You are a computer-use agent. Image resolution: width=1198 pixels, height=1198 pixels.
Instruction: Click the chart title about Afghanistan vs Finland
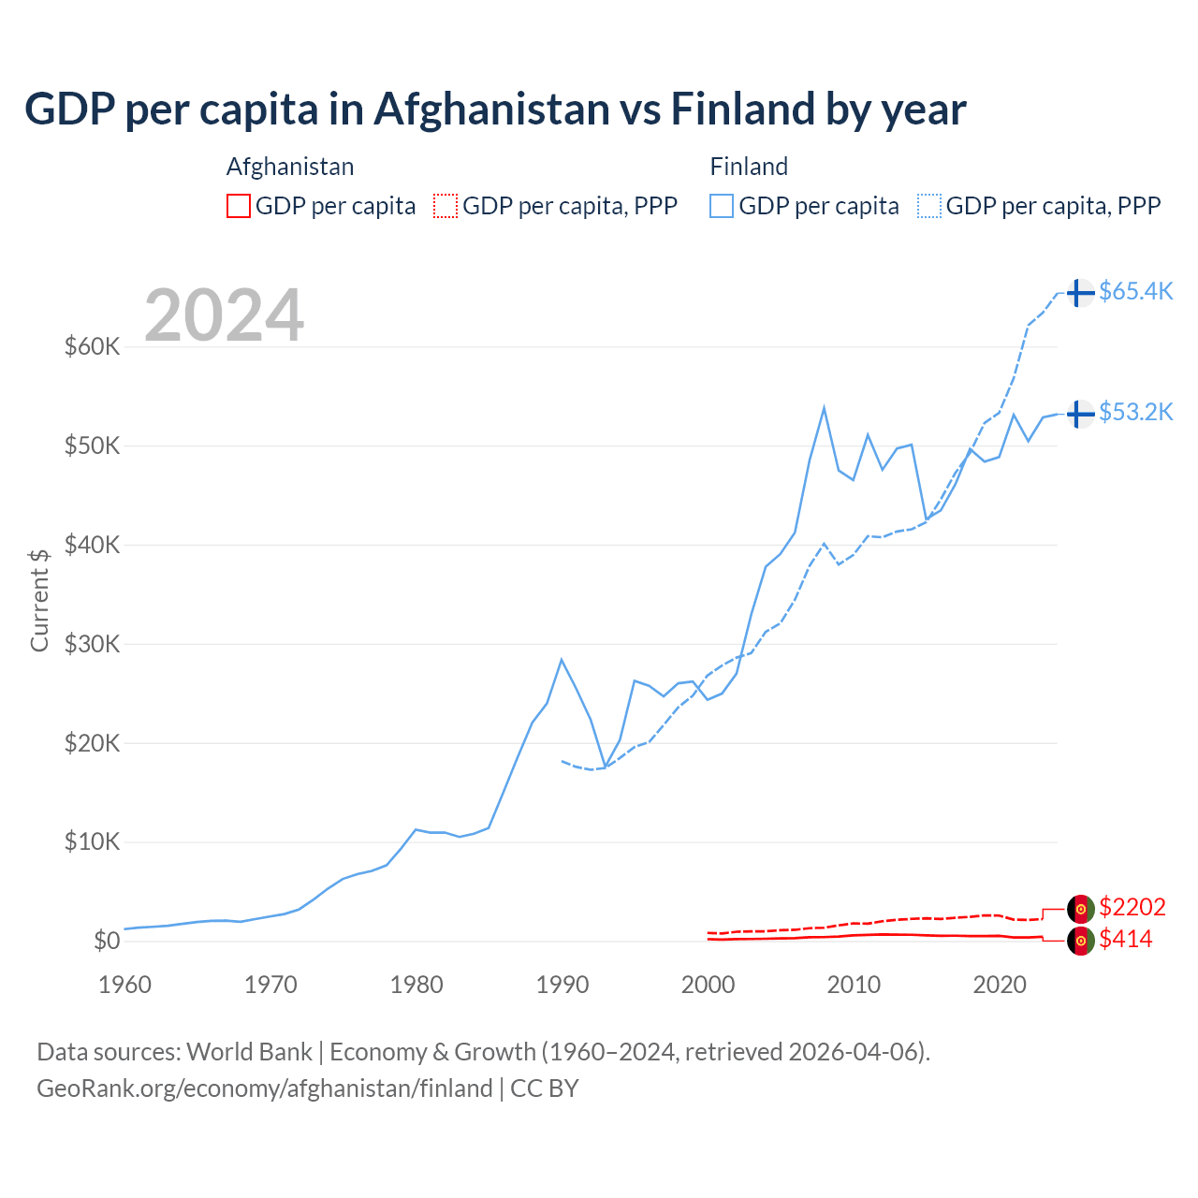pyautogui.click(x=495, y=110)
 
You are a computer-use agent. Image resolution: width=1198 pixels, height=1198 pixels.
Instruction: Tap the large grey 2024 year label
pyautogui.click(x=224, y=315)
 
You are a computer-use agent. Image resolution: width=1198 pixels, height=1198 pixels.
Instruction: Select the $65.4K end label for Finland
pyautogui.click(x=1135, y=291)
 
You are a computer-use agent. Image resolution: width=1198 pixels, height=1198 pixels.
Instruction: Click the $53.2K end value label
pyautogui.click(x=1135, y=412)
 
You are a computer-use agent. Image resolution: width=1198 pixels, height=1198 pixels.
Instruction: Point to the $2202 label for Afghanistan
pyautogui.click(x=1132, y=907)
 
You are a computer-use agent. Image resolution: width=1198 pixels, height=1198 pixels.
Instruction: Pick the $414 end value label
pyautogui.click(x=1125, y=939)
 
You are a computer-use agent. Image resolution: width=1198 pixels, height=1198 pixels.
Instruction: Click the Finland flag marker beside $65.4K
pyautogui.click(x=1080, y=292)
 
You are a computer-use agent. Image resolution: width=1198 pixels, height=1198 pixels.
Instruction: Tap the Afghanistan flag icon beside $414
pyautogui.click(x=1080, y=941)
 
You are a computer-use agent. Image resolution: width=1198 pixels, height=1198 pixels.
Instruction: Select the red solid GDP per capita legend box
pyautogui.click(x=239, y=206)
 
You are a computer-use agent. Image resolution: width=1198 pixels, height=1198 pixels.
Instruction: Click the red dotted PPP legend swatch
pyautogui.click(x=446, y=206)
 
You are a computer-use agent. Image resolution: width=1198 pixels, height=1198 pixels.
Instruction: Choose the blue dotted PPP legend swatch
pyautogui.click(x=929, y=206)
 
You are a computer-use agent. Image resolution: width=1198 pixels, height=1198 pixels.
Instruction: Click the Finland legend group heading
pyautogui.click(x=749, y=167)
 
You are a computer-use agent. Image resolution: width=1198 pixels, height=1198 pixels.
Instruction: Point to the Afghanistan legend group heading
pyautogui.click(x=290, y=167)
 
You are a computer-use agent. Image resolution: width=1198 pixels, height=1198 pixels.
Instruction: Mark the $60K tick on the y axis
pyautogui.click(x=93, y=347)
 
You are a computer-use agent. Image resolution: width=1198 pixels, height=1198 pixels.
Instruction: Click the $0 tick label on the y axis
pyautogui.click(x=107, y=941)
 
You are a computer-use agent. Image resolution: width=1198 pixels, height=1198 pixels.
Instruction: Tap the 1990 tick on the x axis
pyautogui.click(x=562, y=985)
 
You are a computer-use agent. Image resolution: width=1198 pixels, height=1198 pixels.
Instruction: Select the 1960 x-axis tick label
pyautogui.click(x=125, y=985)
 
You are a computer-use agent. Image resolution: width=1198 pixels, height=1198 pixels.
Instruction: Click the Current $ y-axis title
pyautogui.click(x=39, y=600)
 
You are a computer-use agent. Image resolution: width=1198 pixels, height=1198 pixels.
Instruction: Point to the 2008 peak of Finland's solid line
pyautogui.click(x=824, y=407)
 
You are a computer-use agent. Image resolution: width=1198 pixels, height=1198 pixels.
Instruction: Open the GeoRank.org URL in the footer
pyautogui.click(x=265, y=1088)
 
